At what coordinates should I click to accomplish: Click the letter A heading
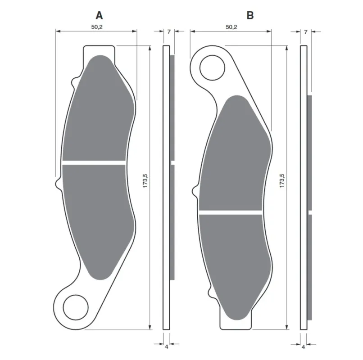99,15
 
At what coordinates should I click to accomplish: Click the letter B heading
250,15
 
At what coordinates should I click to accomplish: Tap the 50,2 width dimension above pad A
97,27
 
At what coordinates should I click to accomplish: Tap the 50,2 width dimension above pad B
231,27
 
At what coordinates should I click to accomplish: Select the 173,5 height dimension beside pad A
145,181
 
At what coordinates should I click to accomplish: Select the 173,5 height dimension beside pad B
282,181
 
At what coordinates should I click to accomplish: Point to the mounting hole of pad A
76,307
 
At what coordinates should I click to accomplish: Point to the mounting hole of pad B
212,67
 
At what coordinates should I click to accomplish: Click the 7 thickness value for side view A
169,31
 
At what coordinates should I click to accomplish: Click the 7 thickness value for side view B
306,32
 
